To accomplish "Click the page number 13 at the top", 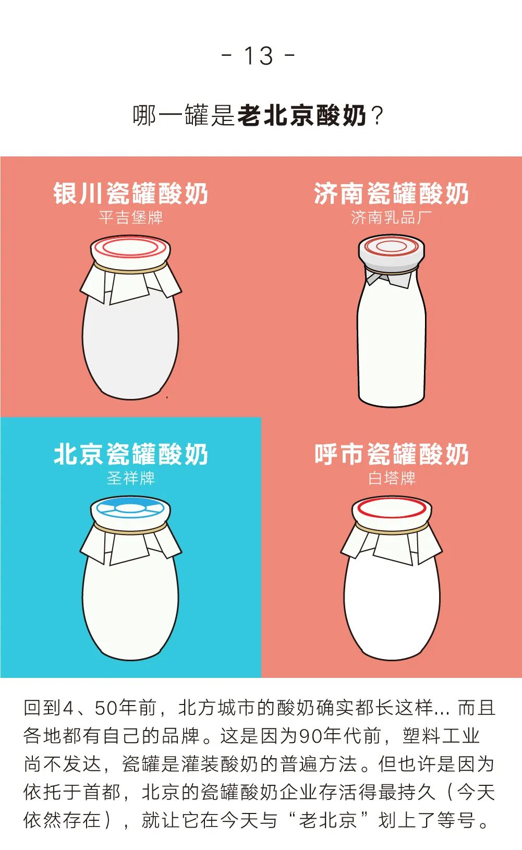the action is point(258,56).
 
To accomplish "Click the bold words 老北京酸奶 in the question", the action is point(302,115).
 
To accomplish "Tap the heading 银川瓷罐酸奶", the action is point(130,193).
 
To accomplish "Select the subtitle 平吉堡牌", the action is point(130,218).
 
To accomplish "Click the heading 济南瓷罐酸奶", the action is point(392,193).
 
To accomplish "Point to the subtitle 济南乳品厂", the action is point(392,218).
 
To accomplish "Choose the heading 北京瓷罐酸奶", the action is point(130,454).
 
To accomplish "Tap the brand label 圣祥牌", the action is point(130,479).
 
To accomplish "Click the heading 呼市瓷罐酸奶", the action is point(392,454).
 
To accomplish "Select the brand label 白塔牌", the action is point(392,479).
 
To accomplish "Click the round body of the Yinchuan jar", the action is point(130,349).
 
